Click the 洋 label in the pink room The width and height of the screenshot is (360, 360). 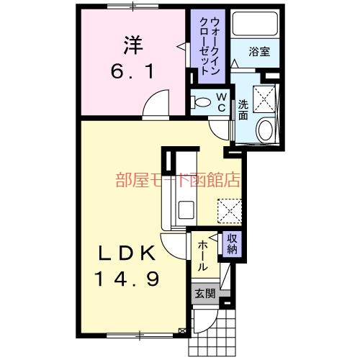click(x=132, y=45)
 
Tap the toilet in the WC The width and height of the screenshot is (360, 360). click(x=202, y=99)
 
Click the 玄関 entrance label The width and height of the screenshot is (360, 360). click(x=204, y=293)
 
